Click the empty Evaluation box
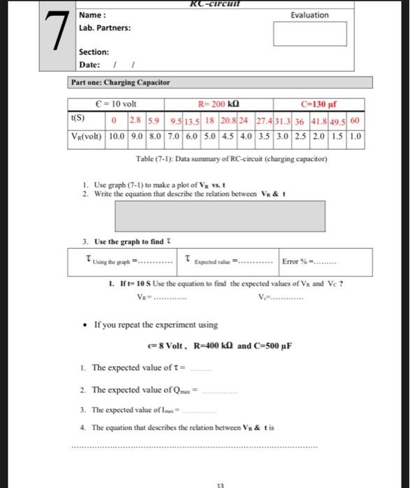[309, 33]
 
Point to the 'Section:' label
[94, 52]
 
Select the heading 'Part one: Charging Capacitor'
[120, 82]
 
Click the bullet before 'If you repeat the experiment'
[85, 325]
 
